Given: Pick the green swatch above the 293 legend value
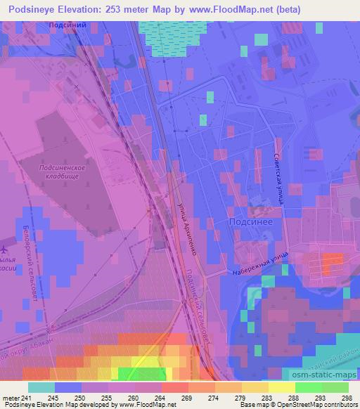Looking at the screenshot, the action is click(309, 387).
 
